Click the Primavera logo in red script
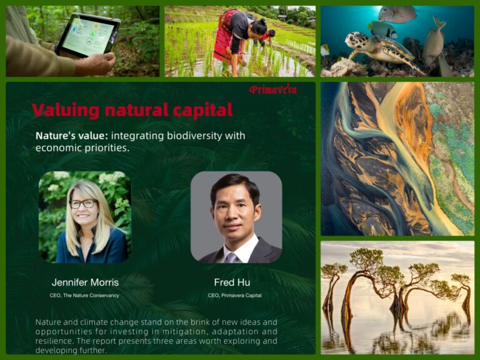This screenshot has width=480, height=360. pyautogui.click(x=272, y=89)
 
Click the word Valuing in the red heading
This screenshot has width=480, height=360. pyautogui.click(x=66, y=110)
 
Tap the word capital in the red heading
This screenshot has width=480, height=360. pyautogui.click(x=202, y=110)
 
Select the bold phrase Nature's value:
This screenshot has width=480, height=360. pyautogui.click(x=72, y=136)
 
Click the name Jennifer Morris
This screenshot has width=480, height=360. pyautogui.click(x=85, y=282)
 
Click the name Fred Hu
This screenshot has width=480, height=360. pyautogui.click(x=232, y=282)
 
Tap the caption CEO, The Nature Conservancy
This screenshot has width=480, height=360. pyautogui.click(x=84, y=296)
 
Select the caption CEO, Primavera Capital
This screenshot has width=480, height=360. pyautogui.click(x=235, y=296)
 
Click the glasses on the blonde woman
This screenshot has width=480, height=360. pyautogui.click(x=83, y=204)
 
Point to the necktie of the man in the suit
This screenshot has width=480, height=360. pyautogui.click(x=232, y=258)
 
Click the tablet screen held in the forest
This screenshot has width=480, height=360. pyautogui.click(x=89, y=36)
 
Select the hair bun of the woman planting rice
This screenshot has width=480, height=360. pyautogui.click(x=263, y=22)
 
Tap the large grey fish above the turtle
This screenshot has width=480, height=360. pyautogui.click(x=397, y=14)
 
